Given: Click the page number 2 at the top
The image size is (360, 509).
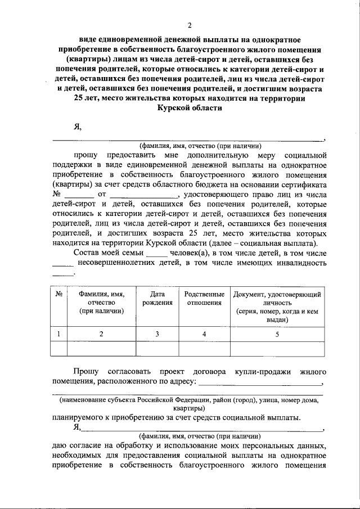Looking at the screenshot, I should [x=190, y=25].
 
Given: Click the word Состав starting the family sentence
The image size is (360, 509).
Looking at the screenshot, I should [x=86, y=253].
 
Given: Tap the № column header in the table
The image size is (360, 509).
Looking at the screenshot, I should [x=58, y=295].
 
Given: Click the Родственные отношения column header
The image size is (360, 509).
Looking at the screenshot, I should [x=204, y=299].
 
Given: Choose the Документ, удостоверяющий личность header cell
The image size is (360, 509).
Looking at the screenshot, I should [x=277, y=307].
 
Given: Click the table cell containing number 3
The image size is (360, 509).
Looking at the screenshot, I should [x=157, y=334].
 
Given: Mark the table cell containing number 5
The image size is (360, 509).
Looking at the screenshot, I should [x=277, y=334].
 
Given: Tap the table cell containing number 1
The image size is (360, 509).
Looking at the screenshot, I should [x=58, y=334].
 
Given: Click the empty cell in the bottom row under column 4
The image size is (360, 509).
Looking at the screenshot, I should [x=204, y=349].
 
